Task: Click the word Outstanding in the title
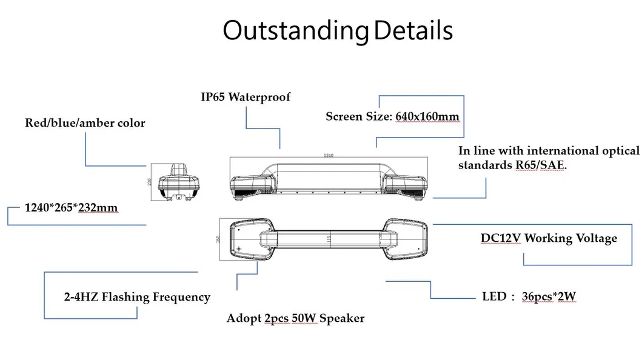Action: pyautogui.click(x=296, y=30)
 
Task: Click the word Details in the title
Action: pyautogui.click(x=413, y=30)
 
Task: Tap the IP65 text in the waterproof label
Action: pyautogui.click(x=213, y=97)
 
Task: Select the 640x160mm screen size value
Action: pyautogui.click(x=427, y=116)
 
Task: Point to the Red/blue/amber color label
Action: pyautogui.click(x=85, y=123)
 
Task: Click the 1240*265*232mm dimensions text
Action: pyautogui.click(x=71, y=208)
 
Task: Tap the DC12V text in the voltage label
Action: pyautogui.click(x=501, y=238)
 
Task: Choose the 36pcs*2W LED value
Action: pyautogui.click(x=549, y=297)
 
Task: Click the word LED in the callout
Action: pyautogui.click(x=493, y=297)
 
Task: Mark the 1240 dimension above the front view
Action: pyautogui.click(x=329, y=156)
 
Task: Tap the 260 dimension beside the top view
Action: pyautogui.click(x=218, y=239)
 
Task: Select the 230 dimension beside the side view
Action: pyautogui.click(x=150, y=181)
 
